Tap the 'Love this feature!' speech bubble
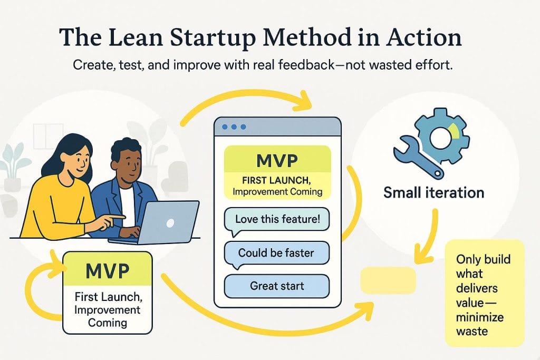pyautogui.click(x=277, y=219)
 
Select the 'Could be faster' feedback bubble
pyautogui.click(x=276, y=252)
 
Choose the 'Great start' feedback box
pyautogui.click(x=277, y=286)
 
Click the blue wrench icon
pyautogui.click(x=413, y=156)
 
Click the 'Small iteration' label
pyautogui.click(x=433, y=192)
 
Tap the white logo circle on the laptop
pyautogui.click(x=170, y=223)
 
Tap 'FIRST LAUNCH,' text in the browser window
pyautogui.click(x=277, y=178)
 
